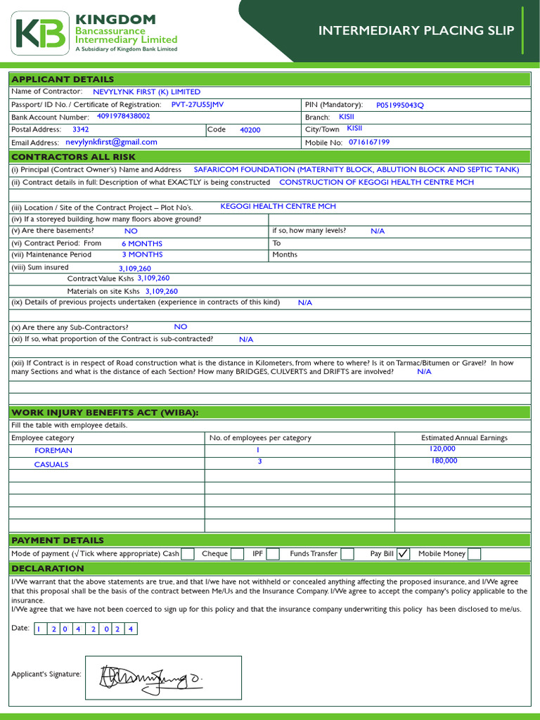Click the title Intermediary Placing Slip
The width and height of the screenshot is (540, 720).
[416, 30]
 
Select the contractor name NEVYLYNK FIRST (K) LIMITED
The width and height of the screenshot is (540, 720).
[146, 91]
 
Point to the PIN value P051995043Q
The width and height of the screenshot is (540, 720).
[400, 105]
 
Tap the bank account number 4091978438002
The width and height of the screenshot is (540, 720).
[123, 116]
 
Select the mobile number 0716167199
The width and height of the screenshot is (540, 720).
[369, 142]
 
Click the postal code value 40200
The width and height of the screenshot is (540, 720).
[250, 130]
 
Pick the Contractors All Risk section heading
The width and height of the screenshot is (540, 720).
[74, 157]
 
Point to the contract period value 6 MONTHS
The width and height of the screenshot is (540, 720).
[142, 243]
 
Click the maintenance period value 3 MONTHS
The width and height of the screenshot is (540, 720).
[142, 255]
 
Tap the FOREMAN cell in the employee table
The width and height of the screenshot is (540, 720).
[53, 450]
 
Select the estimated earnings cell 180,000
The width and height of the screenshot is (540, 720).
[444, 461]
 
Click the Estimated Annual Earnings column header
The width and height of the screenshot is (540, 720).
[464, 437]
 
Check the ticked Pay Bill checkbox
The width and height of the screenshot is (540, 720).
[403, 554]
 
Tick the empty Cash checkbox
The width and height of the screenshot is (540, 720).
[188, 554]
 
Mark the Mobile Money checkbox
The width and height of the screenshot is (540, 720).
[475, 554]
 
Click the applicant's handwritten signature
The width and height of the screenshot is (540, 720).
[151, 676]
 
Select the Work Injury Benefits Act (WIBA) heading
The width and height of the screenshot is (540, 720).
[105, 412]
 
